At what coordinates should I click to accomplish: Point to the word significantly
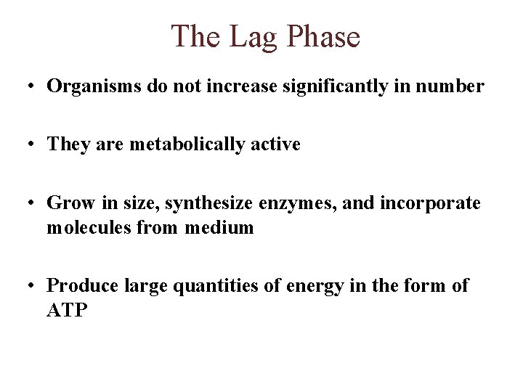point(317,87)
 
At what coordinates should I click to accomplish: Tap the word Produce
point(78,286)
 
